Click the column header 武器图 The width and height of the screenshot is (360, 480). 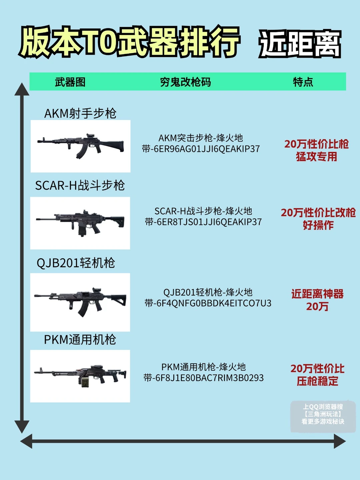[70, 82]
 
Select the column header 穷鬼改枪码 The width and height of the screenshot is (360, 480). [185, 82]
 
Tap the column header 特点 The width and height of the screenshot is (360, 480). [303, 82]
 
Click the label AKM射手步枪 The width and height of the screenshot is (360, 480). [80, 113]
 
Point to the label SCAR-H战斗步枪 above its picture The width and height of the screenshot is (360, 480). [80, 185]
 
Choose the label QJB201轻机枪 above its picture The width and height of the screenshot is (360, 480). [76, 263]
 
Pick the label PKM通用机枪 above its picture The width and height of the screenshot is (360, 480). [80, 340]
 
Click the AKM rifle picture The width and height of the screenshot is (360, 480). [81, 146]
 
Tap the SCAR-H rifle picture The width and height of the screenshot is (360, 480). [80, 223]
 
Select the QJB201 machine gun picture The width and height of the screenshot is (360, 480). [80, 302]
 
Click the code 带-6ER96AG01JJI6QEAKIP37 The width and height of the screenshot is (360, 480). [201, 149]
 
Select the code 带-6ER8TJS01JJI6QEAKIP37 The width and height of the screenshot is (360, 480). [203, 222]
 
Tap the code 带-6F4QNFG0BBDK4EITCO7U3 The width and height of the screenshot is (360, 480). [208, 303]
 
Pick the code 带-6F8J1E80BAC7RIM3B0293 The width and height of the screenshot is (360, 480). [204, 378]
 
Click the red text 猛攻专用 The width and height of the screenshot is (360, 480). [317, 157]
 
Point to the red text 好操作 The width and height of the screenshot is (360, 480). [318, 225]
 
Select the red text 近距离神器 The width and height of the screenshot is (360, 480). [317, 294]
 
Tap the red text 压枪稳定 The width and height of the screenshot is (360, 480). [317, 381]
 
